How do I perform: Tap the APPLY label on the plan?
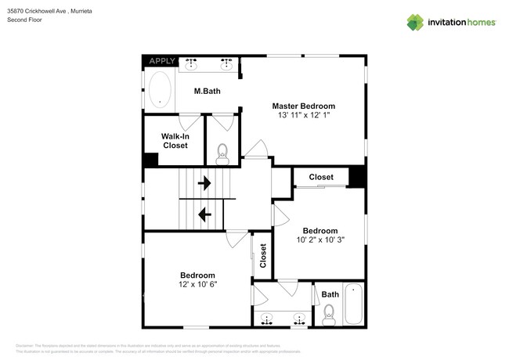pos(162,61)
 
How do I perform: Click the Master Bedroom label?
pos(303,106)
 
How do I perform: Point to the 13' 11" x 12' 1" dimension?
pos(303,116)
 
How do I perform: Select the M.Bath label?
pos(208,91)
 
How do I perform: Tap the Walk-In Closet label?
pos(175,141)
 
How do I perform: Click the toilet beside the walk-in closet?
pos(222,152)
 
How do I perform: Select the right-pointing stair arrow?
pos(204,184)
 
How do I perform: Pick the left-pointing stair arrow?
pos(204,213)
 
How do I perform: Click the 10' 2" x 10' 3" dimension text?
pos(320,240)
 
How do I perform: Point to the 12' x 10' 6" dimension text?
pos(197,285)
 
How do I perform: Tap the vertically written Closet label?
pos(263,256)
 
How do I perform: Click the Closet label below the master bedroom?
pos(320,178)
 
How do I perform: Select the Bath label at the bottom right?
pos(330,295)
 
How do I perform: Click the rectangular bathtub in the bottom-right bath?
pos(354,305)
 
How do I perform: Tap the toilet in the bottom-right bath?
pos(329,316)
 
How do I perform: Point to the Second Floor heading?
pos(24,20)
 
